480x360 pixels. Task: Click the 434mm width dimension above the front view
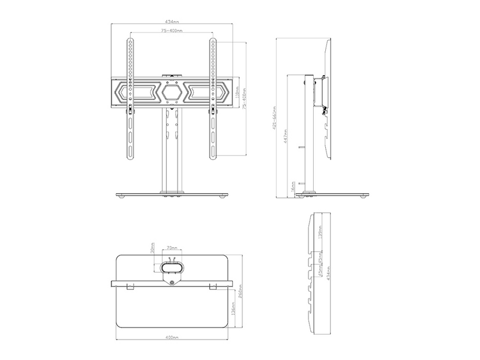tap(172, 22)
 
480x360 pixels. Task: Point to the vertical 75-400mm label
tap(245, 100)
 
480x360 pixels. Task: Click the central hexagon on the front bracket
tap(172, 92)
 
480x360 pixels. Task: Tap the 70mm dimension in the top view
tap(172, 247)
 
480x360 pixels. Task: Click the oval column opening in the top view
tap(172, 266)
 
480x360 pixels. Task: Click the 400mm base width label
tap(172, 338)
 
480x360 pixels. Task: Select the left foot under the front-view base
tap(122, 197)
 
